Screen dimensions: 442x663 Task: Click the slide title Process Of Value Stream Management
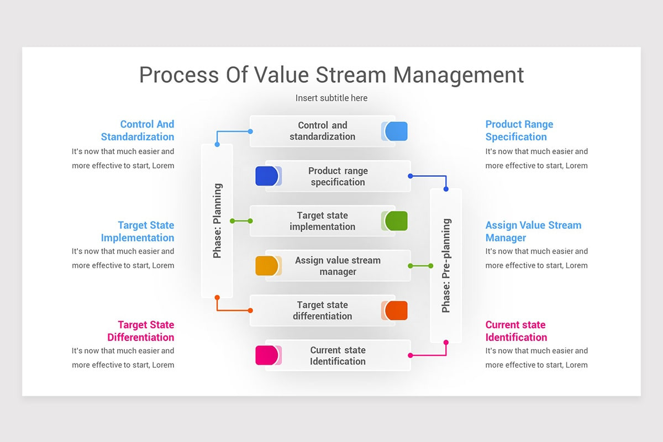point(331,75)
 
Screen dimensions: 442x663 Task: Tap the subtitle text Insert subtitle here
point(331,98)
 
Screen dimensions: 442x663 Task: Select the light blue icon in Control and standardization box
point(396,131)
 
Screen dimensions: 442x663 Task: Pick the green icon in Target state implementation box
point(396,220)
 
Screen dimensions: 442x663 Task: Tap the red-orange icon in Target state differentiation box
point(396,311)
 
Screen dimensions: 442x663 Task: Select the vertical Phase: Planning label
point(217,221)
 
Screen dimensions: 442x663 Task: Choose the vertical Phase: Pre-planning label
point(446,266)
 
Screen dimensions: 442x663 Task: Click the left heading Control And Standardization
point(138,130)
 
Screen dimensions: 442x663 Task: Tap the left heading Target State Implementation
point(138,231)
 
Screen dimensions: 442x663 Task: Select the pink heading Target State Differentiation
point(141,331)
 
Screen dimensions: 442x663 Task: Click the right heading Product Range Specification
point(519,130)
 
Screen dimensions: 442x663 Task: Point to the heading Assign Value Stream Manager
point(533,231)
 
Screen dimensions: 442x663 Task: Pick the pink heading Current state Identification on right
point(516,331)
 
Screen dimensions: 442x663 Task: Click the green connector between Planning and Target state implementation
point(241,221)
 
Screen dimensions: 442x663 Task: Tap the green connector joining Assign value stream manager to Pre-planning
point(420,266)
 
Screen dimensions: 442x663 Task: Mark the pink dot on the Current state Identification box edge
point(410,355)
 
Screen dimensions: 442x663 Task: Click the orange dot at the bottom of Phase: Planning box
point(217,297)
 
